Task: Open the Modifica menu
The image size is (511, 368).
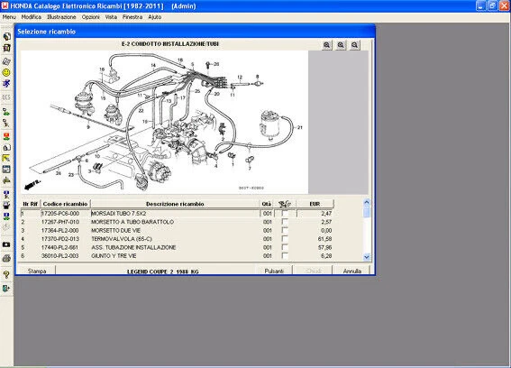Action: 31,17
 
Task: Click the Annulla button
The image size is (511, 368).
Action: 352,271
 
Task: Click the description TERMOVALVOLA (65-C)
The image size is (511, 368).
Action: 123,239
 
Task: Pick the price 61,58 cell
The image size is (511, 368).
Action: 325,239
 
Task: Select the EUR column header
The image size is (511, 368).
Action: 315,204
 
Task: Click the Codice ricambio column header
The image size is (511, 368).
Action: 65,204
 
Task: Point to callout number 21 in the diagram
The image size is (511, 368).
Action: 299,127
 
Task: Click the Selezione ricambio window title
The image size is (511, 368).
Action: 46,32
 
